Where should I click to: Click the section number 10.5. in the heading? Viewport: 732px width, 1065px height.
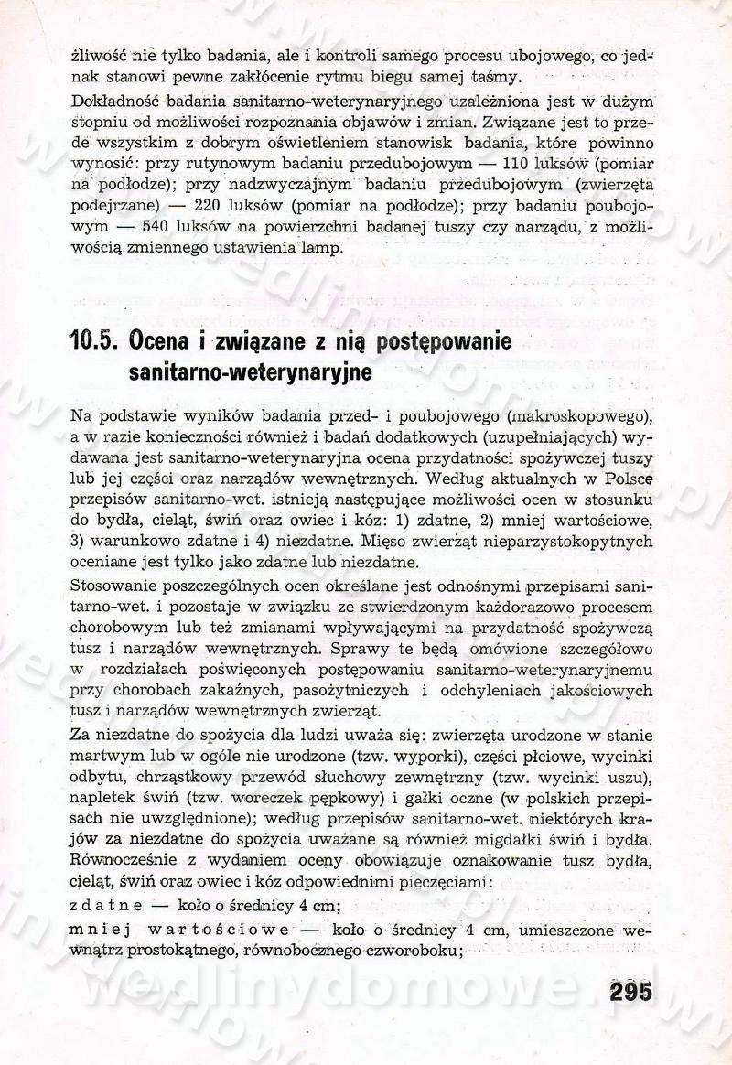click(95, 344)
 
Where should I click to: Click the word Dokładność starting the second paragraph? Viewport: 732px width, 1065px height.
click(114, 98)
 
